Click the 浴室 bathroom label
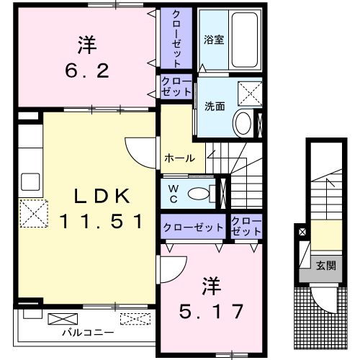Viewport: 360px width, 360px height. coord(213,40)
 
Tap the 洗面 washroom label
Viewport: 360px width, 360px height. coord(215,105)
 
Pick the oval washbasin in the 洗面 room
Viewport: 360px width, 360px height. coord(243,123)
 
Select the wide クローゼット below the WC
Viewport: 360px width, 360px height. coord(193,228)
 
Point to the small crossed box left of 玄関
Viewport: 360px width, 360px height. coord(302,233)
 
